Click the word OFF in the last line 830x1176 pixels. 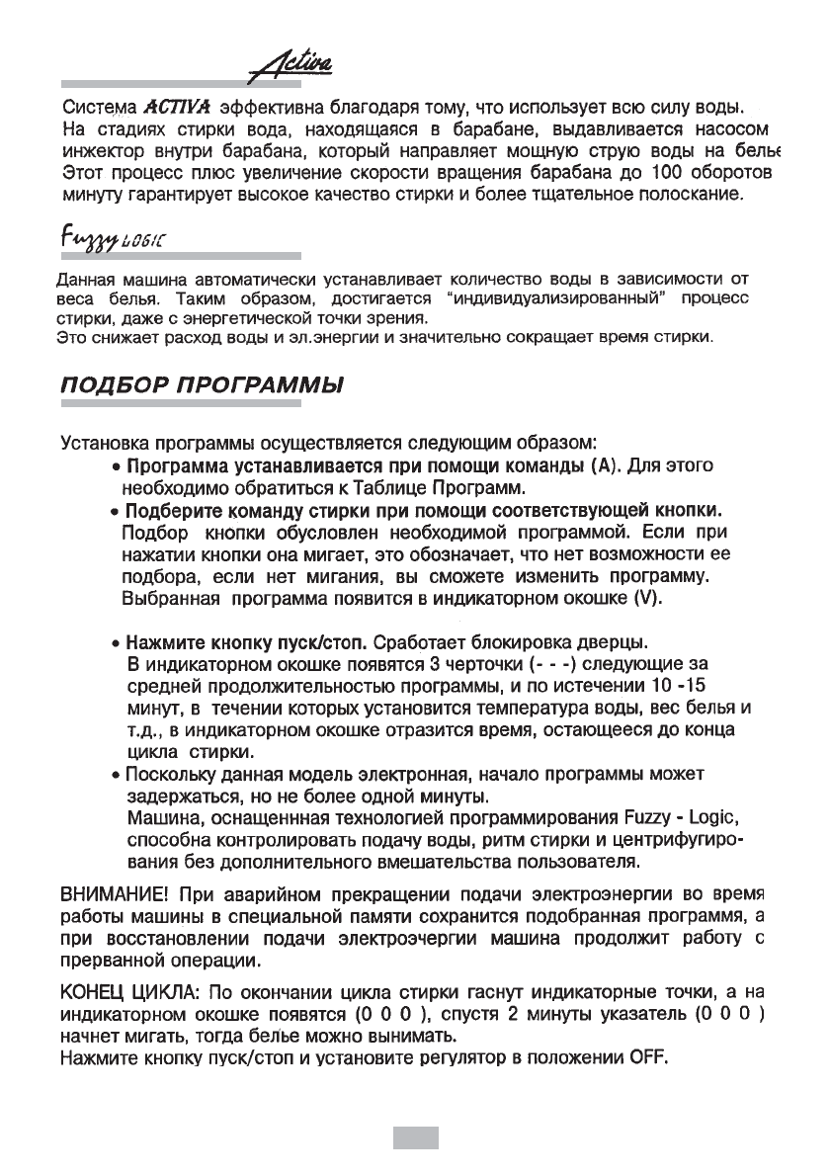tap(647, 1062)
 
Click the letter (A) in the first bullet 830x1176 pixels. tap(601, 464)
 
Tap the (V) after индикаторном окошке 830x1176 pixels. tap(641, 599)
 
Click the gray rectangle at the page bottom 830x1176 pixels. tap(415, 1136)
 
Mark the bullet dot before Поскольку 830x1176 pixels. tap(117, 771)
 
